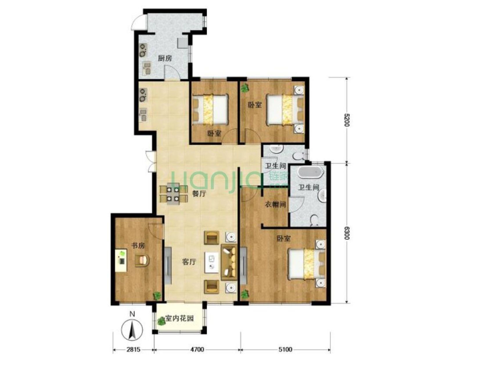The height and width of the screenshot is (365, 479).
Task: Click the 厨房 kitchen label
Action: [x=165, y=58]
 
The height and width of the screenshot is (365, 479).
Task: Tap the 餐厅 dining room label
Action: [x=199, y=194]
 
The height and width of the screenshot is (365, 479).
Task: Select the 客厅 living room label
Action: [x=189, y=262]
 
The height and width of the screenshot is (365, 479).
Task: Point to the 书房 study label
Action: [x=138, y=246]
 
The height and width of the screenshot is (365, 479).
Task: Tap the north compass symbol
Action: [x=132, y=330]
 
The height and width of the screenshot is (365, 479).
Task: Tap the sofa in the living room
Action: [x=229, y=262]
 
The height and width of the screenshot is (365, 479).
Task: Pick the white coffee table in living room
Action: [x=211, y=262]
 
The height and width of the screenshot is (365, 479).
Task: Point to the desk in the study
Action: [x=121, y=260]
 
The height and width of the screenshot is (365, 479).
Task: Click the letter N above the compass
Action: [x=132, y=314]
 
